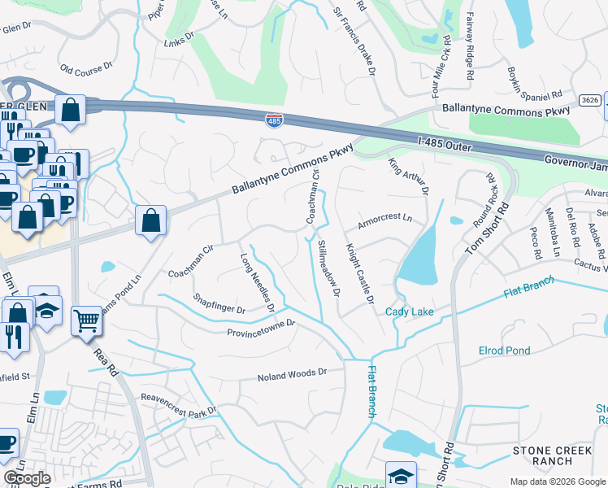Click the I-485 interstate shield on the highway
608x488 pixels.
click(274, 120)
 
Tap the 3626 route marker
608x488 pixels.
click(591, 100)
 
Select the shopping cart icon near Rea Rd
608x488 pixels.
click(86, 320)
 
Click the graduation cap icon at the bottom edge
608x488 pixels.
click(401, 475)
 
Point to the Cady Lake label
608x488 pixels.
click(409, 312)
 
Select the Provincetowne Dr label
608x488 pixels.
click(260, 328)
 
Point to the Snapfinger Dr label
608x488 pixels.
click(219, 304)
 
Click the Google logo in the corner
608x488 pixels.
click(27, 478)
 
